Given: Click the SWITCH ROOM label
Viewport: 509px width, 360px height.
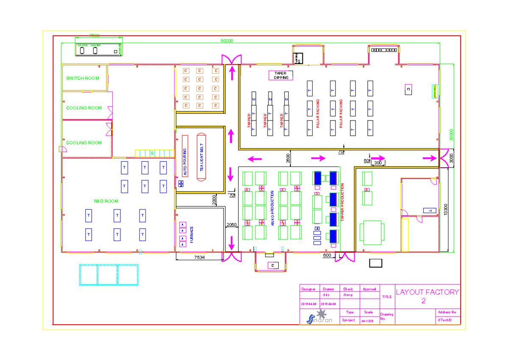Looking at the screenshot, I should pyautogui.click(x=83, y=79).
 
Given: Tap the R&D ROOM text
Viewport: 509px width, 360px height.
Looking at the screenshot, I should pyautogui.click(x=106, y=201).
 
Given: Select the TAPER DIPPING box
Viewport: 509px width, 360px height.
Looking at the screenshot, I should pyautogui.click(x=281, y=76).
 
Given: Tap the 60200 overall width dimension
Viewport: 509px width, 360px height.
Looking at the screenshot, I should pyautogui.click(x=227, y=41).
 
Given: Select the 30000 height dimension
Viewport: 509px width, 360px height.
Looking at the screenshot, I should pyautogui.click(x=451, y=135).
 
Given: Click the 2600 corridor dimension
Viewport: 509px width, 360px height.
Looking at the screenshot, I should pyautogui.click(x=288, y=158).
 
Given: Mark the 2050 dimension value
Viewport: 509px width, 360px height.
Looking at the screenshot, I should pyautogui.click(x=232, y=225).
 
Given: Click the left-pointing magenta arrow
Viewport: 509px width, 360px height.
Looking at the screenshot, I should pyautogui.click(x=255, y=159).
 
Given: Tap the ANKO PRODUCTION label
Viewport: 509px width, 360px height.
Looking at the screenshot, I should pyautogui.click(x=272, y=208).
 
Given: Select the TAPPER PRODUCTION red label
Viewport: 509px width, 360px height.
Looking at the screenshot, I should pyautogui.click(x=342, y=202).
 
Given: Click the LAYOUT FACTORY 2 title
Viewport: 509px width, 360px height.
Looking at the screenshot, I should pyautogui.click(x=427, y=296).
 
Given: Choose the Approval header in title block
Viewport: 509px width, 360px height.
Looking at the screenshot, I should pyautogui.click(x=369, y=289).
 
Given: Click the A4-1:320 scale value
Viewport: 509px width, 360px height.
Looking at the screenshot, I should pyautogui.click(x=367, y=321).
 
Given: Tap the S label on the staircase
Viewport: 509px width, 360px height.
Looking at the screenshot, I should pyautogui.click(x=152, y=153).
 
